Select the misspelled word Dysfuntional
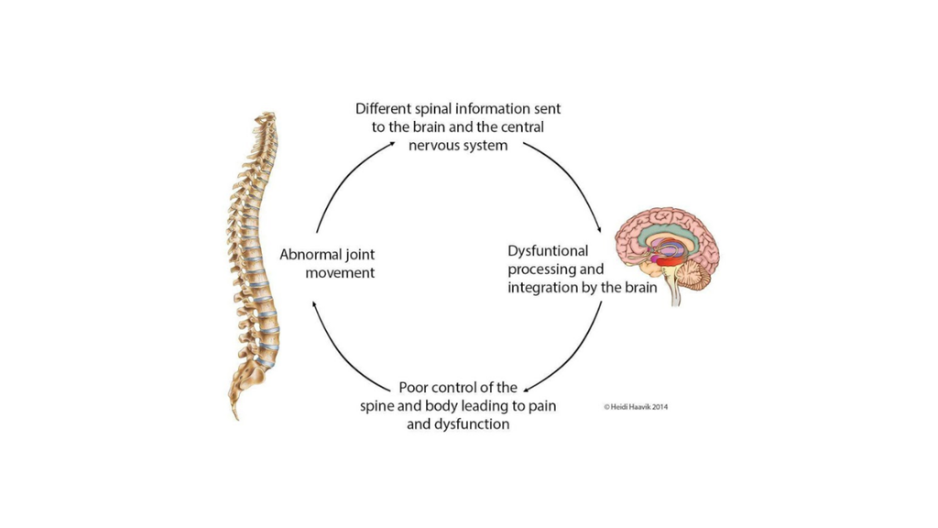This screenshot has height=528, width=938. pos(548,251)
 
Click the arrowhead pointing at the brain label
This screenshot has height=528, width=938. pos(599,229)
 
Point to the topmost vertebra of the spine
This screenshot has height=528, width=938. pos(266,115)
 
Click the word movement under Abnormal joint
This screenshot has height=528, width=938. pos(326,272)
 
